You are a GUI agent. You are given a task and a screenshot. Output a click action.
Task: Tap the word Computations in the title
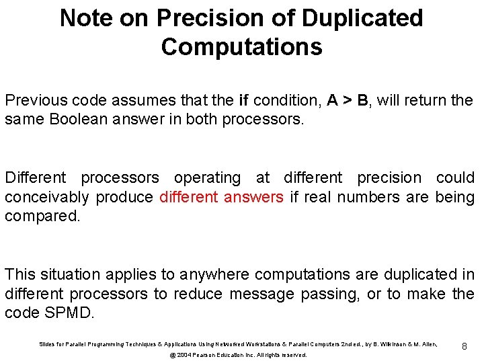point(241,48)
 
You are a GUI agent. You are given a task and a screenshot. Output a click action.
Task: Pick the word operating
point(207,178)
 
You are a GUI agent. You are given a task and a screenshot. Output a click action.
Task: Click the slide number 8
point(464,346)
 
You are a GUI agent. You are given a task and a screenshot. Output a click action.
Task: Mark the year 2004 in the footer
point(185,355)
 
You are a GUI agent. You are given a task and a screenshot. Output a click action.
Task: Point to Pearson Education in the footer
point(223,355)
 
